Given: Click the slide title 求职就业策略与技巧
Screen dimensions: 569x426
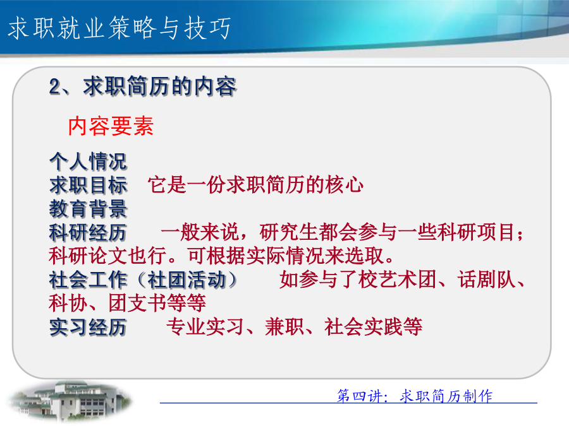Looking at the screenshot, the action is click(x=119, y=28).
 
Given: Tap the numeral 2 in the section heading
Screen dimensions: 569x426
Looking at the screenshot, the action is click(x=56, y=87).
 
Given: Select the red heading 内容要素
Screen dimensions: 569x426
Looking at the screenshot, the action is click(x=111, y=126).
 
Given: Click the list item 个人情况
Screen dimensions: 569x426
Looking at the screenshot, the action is click(x=88, y=161).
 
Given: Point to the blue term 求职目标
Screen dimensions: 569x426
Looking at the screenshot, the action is click(x=88, y=185).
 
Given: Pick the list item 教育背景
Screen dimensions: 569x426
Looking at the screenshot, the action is click(x=88, y=209).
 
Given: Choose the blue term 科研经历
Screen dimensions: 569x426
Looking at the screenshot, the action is click(x=88, y=232).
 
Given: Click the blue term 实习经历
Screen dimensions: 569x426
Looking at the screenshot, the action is click(x=88, y=327).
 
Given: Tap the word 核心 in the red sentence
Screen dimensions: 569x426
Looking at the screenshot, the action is click(x=345, y=184).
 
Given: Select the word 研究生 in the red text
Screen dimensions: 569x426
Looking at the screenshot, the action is click(x=289, y=232).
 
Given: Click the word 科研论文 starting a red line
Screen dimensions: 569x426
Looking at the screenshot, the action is click(x=88, y=256).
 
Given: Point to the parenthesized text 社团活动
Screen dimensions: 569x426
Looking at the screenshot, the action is click(x=187, y=280).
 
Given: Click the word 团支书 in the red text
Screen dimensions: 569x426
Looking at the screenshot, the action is click(x=137, y=303).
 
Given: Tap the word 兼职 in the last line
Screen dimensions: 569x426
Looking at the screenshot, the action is click(x=284, y=327).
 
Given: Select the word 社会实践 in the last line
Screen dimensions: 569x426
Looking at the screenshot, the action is click(x=364, y=327).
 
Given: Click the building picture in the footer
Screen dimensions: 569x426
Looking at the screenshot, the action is click(x=70, y=401).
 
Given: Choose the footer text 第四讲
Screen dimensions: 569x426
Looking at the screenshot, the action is click(x=359, y=396).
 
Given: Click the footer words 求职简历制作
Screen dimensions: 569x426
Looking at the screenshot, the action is click(x=446, y=396).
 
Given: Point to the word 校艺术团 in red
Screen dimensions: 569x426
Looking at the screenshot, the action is click(x=398, y=280).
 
